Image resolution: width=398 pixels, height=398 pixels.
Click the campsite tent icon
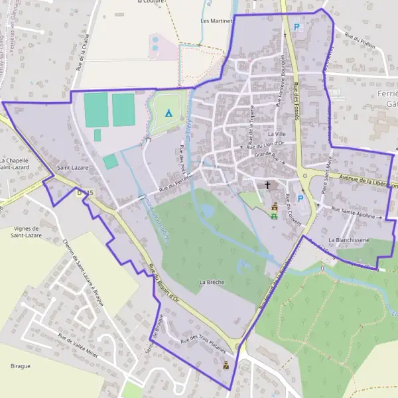click(x=168, y=113)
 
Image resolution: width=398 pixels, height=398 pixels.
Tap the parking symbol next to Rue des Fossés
click(x=297, y=27)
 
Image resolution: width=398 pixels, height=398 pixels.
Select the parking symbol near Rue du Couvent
click(x=300, y=198)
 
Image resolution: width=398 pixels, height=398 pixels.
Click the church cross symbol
click(x=268, y=185)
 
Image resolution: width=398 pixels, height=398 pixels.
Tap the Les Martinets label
click(x=218, y=21)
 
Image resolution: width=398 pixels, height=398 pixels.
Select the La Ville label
click(x=277, y=135)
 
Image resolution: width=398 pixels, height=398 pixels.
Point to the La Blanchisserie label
click(x=348, y=239)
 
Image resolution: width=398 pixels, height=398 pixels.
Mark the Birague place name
click(x=21, y=365)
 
